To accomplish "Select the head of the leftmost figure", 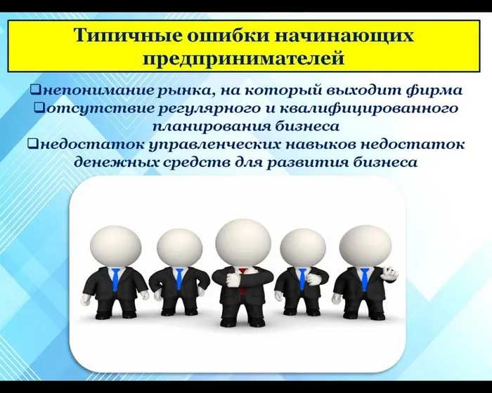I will click(x=115, y=245).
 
